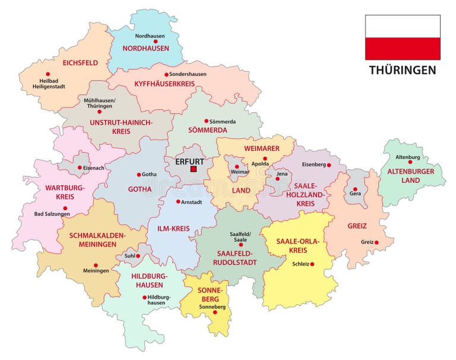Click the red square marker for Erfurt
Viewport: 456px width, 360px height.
pyautogui.click(x=193, y=169)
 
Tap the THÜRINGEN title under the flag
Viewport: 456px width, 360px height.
pyautogui.click(x=403, y=70)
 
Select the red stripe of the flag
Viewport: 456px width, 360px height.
pyautogui.click(x=403, y=49)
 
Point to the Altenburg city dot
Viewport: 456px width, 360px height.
pyautogui.click(x=410, y=162)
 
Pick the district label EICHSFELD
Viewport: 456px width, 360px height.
pyautogui.click(x=80, y=62)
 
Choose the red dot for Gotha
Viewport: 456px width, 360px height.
pyautogui.click(x=140, y=175)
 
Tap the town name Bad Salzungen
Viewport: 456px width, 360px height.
pyautogui.click(x=52, y=214)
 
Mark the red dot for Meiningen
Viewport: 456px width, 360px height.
pyautogui.click(x=96, y=265)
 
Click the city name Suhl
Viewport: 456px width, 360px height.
pyautogui.click(x=129, y=256)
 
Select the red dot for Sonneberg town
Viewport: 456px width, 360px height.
pyautogui.click(x=215, y=312)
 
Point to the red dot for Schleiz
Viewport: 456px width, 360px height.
pyautogui.click(x=312, y=264)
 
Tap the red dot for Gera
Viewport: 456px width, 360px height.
pyautogui.click(x=355, y=189)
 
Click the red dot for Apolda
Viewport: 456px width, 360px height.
pyautogui.click(x=265, y=159)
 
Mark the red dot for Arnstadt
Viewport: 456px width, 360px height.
pyautogui.click(x=178, y=201)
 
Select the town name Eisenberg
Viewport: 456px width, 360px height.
pyautogui.click(x=314, y=165)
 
